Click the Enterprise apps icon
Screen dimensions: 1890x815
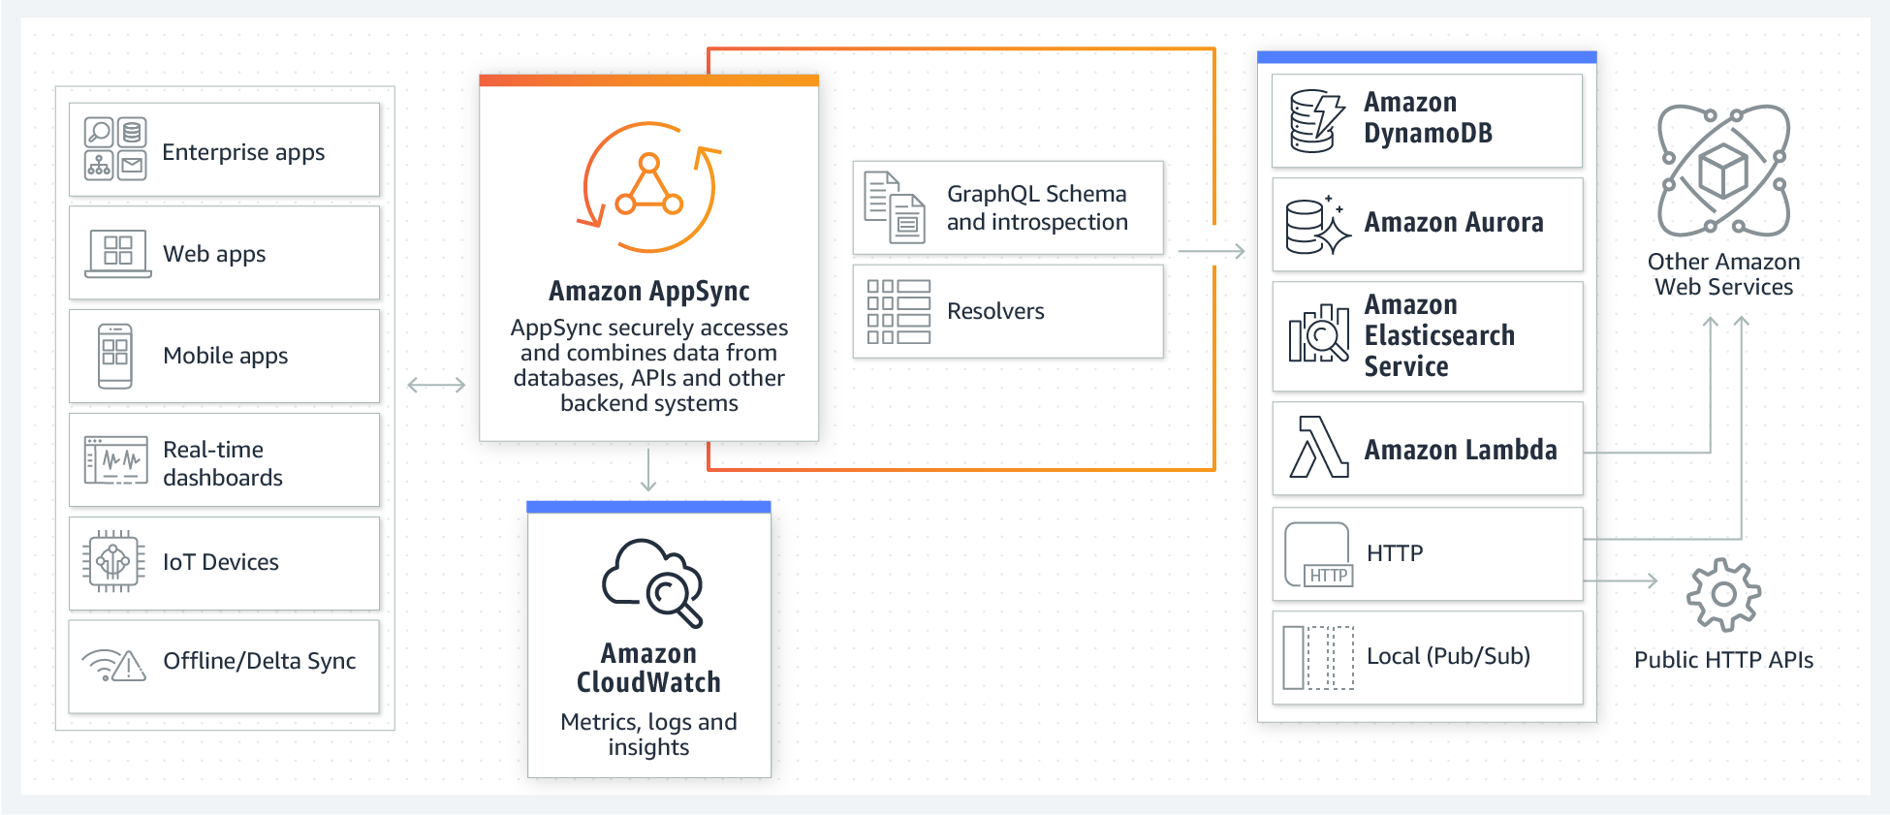(115, 148)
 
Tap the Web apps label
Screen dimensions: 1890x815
(214, 254)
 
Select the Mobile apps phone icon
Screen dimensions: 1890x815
(115, 356)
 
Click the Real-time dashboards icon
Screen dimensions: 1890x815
(116, 460)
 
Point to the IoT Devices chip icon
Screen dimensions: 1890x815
(113, 561)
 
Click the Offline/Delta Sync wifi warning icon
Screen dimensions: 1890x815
(114, 665)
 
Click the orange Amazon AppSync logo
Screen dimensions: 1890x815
(649, 186)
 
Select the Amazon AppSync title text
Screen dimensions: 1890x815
(649, 291)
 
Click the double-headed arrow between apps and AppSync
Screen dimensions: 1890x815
(436, 385)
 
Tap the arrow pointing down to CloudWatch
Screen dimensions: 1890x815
(648, 470)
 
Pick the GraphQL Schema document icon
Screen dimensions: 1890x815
(895, 207)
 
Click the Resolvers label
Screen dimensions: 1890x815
(995, 311)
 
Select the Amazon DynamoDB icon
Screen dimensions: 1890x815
(1317, 121)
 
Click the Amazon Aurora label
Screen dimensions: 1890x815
(1454, 223)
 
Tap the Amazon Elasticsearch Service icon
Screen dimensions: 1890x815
(1318, 334)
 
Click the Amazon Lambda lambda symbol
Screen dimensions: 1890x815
(1319, 447)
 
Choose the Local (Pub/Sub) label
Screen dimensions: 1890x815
(1448, 656)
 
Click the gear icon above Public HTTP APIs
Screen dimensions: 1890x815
(1723, 594)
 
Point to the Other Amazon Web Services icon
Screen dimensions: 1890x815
(1723, 171)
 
